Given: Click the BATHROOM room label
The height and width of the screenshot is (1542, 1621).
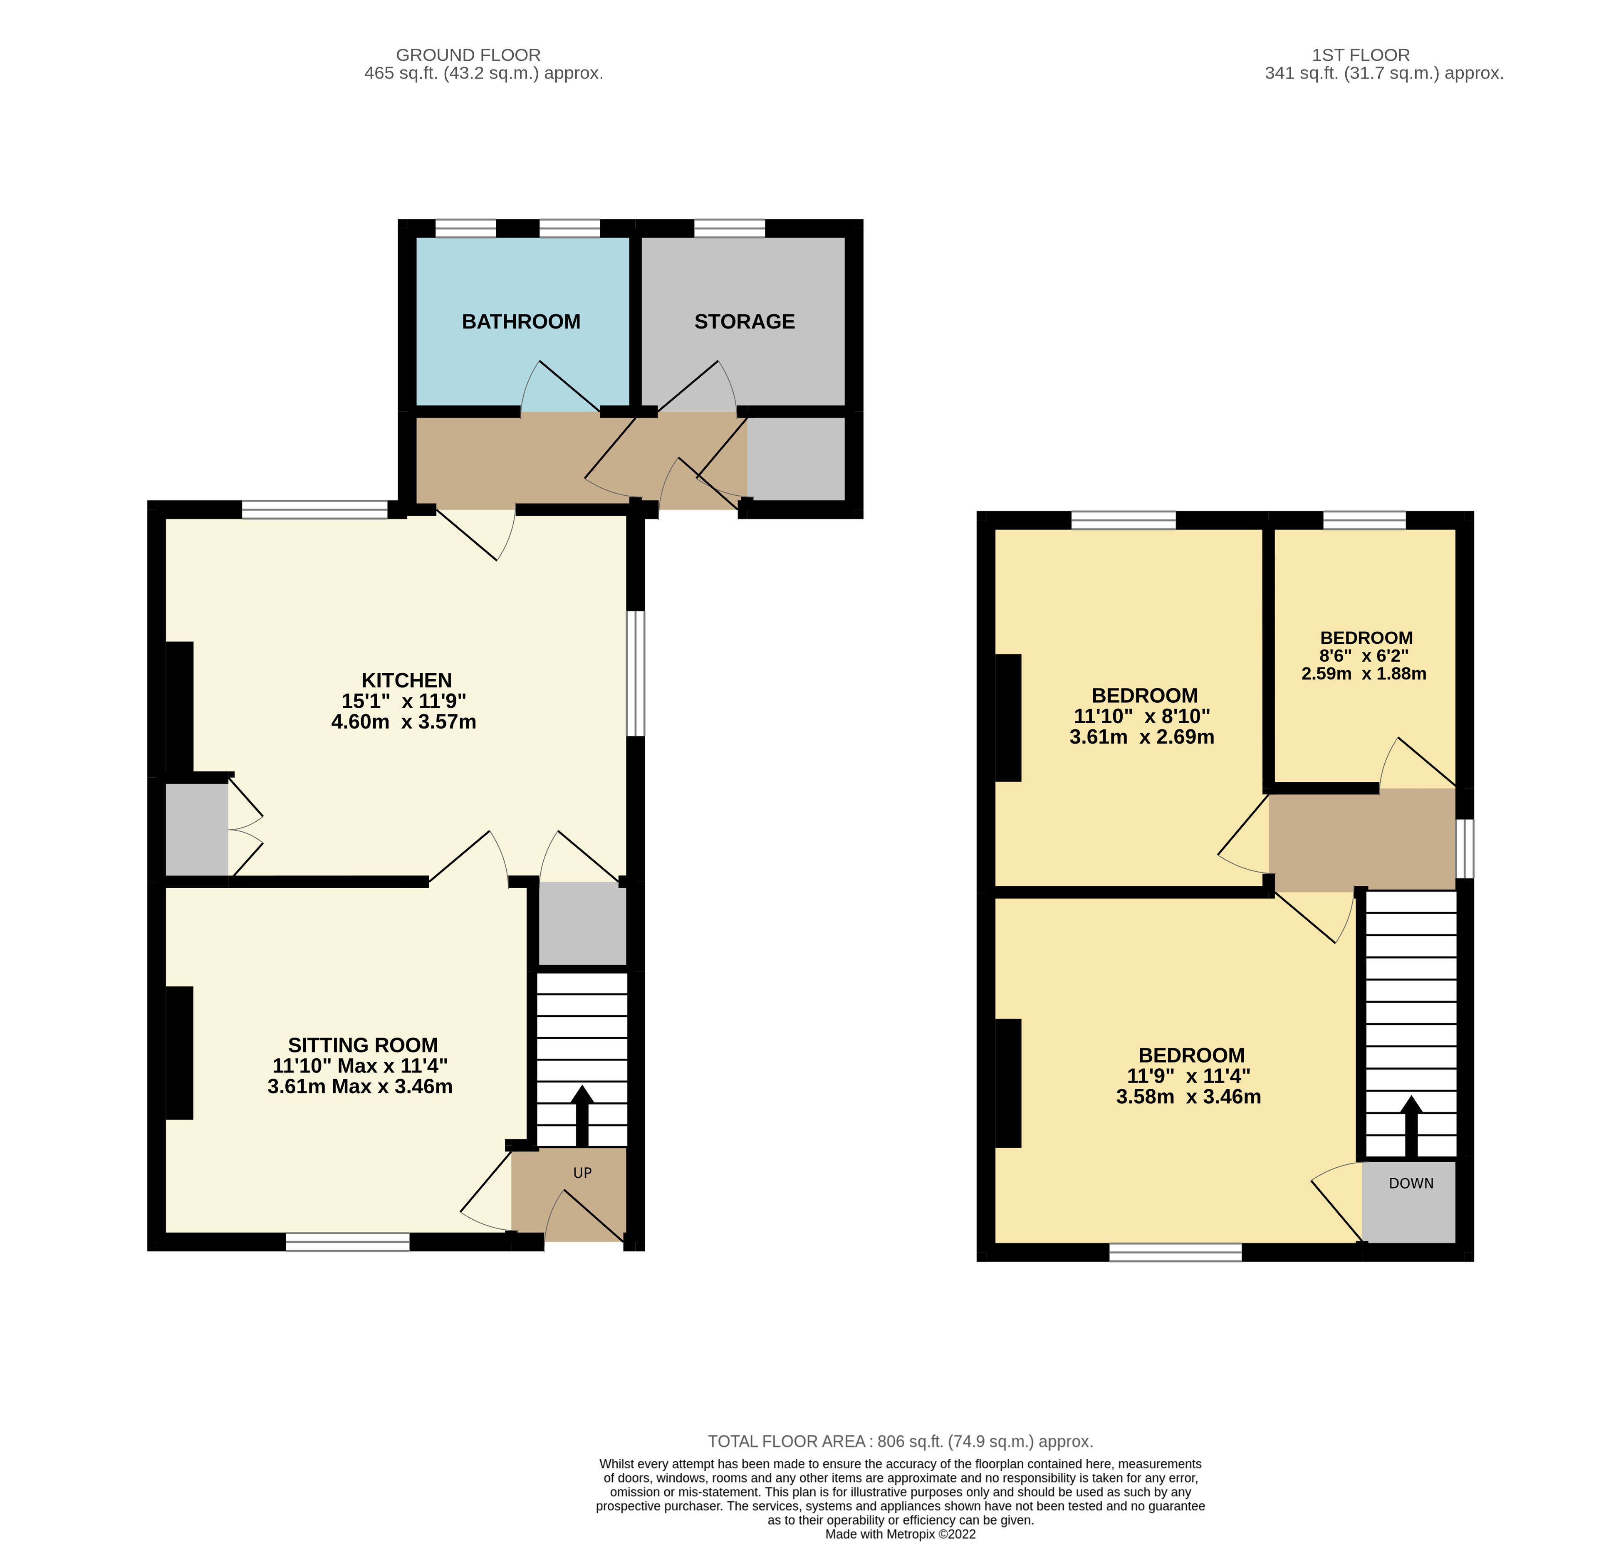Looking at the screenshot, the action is tap(521, 321).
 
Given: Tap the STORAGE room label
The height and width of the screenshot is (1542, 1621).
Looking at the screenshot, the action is tap(745, 321).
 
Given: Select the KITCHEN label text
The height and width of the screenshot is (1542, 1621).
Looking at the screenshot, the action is tap(407, 681).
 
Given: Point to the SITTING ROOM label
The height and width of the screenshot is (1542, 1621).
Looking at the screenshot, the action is tap(362, 1045).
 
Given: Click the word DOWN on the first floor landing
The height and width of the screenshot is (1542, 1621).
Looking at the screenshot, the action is tap(1411, 1184).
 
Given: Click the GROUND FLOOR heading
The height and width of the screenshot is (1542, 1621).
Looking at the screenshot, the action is tap(468, 55).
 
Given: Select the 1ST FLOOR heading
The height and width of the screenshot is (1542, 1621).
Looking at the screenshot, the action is tap(1361, 55).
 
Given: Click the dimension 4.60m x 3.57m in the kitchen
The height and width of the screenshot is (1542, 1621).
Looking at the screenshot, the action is tap(403, 722).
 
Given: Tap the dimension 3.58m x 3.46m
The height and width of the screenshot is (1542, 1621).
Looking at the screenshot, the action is tap(1189, 1097).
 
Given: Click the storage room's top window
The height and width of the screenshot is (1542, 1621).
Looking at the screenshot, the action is tap(730, 228).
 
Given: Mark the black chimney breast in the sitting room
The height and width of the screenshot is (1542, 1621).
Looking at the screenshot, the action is tap(179, 1053).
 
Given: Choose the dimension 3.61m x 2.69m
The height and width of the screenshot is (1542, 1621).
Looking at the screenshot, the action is tap(1142, 737).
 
